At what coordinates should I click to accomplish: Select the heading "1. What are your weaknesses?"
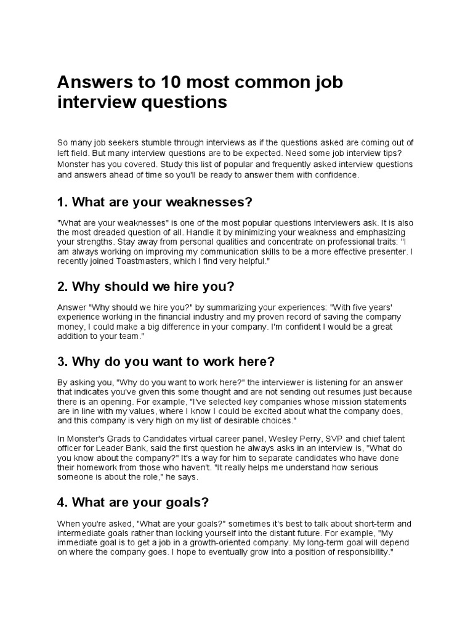coord(155,202)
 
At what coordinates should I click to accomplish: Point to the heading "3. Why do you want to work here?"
coord(166,360)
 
